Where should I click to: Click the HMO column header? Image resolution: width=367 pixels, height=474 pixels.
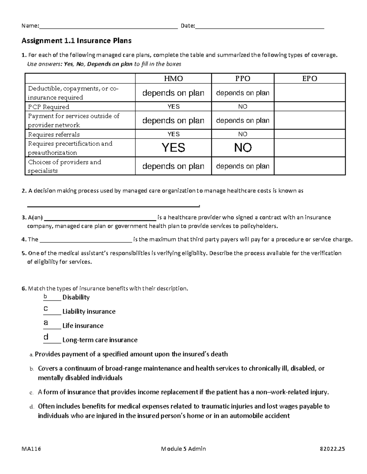pos(173,79)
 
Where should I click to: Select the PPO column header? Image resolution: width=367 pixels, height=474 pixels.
pos(243,79)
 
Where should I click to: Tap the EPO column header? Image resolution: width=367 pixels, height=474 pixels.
pos(310,79)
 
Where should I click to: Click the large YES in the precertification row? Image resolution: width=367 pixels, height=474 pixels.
pos(173,148)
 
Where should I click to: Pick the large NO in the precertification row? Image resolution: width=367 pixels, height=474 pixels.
pos(243,148)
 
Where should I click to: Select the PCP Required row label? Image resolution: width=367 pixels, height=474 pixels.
pos(49,107)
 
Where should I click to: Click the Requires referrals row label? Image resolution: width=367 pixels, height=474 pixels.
pos(54,135)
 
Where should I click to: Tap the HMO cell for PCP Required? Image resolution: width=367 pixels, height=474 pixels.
pos(173,107)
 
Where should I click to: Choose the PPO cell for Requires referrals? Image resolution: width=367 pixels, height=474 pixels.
pos(243,134)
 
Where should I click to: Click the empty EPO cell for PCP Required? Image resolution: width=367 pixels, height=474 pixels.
pos(310,107)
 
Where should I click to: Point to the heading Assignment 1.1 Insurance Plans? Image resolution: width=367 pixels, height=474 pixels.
pos(76,41)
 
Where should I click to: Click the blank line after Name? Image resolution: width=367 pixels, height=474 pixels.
pos(109,26)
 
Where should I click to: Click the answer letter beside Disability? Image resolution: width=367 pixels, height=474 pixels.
pos(45,296)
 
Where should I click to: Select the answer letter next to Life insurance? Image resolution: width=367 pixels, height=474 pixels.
pos(46,323)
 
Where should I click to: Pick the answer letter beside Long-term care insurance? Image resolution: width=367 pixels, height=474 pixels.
pos(46,337)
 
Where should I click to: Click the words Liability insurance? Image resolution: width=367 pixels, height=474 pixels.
pos(89,312)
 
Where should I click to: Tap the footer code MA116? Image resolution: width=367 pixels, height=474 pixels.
pos(31,449)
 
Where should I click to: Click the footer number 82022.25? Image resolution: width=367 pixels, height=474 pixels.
pos(332,449)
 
